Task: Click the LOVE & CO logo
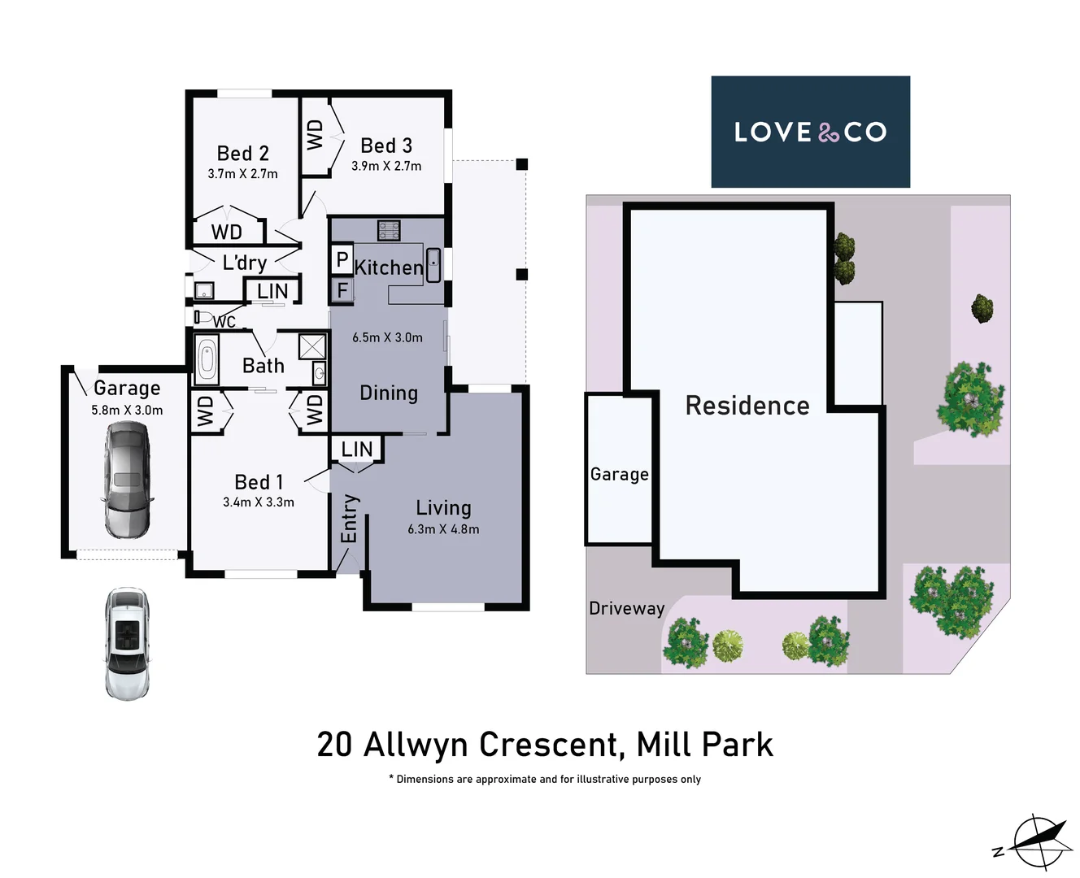click(x=810, y=132)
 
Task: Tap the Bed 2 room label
click(x=242, y=154)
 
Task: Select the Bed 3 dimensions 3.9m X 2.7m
click(x=386, y=166)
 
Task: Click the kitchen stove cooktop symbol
click(x=389, y=230)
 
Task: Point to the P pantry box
click(x=342, y=260)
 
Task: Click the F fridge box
click(x=342, y=290)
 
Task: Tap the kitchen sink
click(x=434, y=265)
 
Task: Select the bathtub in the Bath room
click(x=207, y=360)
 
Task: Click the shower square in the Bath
click(x=311, y=346)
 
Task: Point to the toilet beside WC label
click(x=203, y=317)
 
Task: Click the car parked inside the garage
click(x=128, y=480)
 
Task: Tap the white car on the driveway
click(x=128, y=643)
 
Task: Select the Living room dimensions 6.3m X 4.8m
click(x=443, y=529)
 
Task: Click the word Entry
click(x=349, y=518)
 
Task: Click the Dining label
click(x=389, y=393)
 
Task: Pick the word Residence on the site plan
click(x=747, y=406)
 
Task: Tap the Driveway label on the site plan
click(x=626, y=608)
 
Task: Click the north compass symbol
click(x=1038, y=841)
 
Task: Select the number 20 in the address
click(x=334, y=745)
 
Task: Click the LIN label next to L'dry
click(x=272, y=291)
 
